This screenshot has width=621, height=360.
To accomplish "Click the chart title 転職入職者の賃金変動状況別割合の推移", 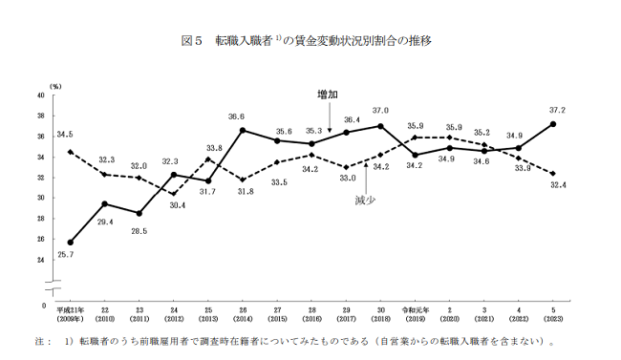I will click(x=310, y=41).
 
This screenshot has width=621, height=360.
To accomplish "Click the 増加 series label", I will click(x=328, y=95).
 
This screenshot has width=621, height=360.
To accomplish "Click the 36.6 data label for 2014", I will click(x=244, y=116).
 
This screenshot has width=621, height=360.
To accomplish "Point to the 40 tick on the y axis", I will click(x=40, y=95).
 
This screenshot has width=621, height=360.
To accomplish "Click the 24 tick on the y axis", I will click(x=40, y=260).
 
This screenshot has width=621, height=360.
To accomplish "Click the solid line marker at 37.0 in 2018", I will click(x=380, y=126).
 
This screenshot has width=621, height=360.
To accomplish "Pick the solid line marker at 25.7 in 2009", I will click(x=71, y=242).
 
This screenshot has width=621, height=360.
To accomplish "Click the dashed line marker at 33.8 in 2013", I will click(x=208, y=159).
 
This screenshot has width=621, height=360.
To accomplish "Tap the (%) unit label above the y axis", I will click(x=55, y=86).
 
